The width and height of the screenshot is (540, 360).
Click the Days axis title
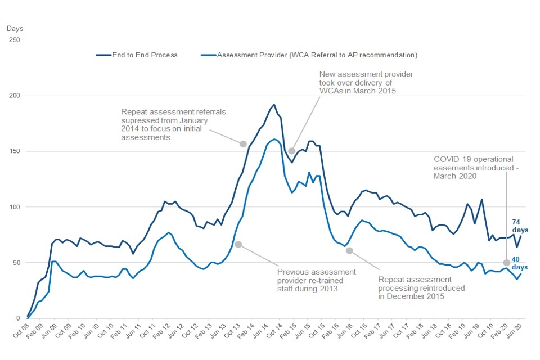[x=15, y=28]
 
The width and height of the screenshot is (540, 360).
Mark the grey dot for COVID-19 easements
[x=506, y=262]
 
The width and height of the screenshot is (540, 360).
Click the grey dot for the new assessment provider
[x=292, y=151]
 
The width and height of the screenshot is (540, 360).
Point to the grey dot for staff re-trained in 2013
[x=238, y=244]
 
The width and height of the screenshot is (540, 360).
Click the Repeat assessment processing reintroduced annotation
[x=421, y=287]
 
